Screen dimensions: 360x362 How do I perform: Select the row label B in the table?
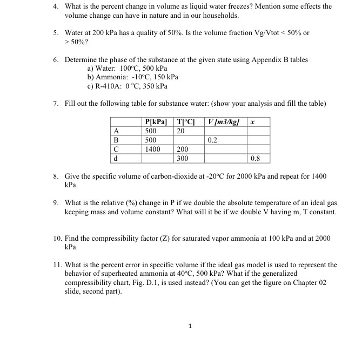pyautogui.click(x=115, y=140)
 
